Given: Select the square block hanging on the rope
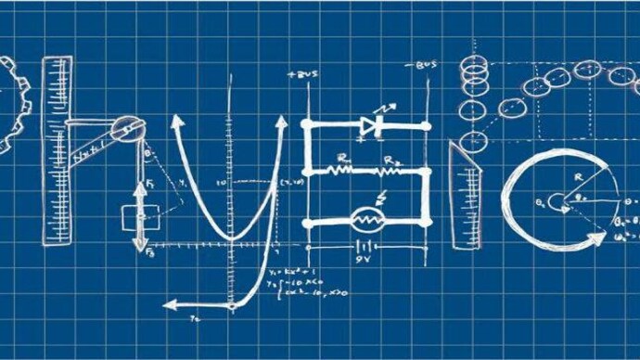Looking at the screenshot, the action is pos(135,217).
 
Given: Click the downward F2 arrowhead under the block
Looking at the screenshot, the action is pos(139,248).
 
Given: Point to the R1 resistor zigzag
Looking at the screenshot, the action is pos(342,171).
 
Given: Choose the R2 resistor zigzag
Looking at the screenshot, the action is pos(389,171).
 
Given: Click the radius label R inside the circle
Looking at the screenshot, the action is pos(577,176).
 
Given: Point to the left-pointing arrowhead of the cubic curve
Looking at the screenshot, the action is pos(170,303).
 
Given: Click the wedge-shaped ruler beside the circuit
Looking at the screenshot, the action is pos(464,195).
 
